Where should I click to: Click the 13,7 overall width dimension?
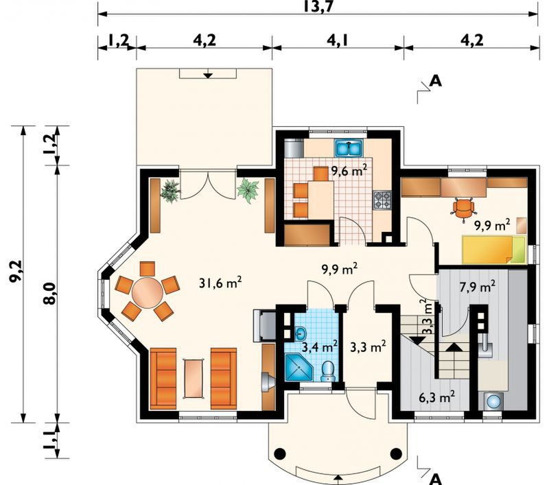point(318,6)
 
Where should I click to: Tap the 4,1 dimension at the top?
point(338,40)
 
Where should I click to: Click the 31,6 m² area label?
point(220,283)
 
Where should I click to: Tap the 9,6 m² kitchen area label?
point(349,171)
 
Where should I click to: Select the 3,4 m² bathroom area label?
point(320,347)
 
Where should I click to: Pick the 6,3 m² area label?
point(437,397)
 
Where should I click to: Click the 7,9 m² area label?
point(477,287)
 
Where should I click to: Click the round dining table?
point(148,292)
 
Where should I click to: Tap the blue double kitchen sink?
point(349,148)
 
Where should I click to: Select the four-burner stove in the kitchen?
point(382,200)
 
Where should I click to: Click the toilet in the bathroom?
point(328,371)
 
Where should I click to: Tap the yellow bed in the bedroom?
point(494,250)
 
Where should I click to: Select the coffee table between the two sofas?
point(193,378)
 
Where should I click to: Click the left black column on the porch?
point(280,454)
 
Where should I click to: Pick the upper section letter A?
point(436,81)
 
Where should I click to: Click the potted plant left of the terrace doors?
point(170,191)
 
